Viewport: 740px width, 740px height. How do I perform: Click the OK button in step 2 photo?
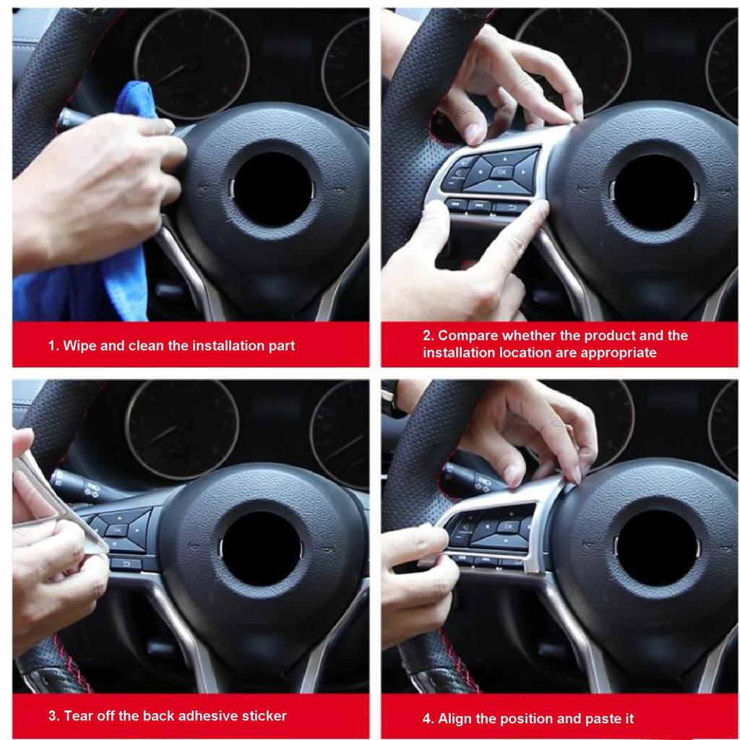tap(502, 172)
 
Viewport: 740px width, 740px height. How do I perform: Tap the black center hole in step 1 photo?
tap(272, 189)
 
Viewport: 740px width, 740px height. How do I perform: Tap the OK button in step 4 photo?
tap(508, 528)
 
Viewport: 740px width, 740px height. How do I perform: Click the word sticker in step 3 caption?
tap(263, 716)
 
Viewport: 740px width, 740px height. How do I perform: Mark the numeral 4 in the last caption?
tap(426, 719)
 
